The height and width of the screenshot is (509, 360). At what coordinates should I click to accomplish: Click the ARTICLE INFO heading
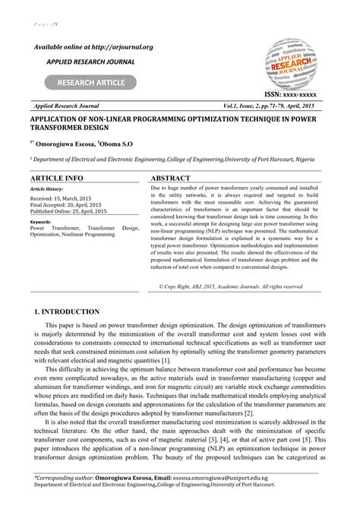[x=56, y=177]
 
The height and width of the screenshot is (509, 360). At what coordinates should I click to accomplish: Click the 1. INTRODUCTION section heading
[x=68, y=311]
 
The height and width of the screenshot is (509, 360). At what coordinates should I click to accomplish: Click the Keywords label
[x=41, y=221]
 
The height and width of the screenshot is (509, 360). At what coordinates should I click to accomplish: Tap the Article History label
[x=47, y=188]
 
